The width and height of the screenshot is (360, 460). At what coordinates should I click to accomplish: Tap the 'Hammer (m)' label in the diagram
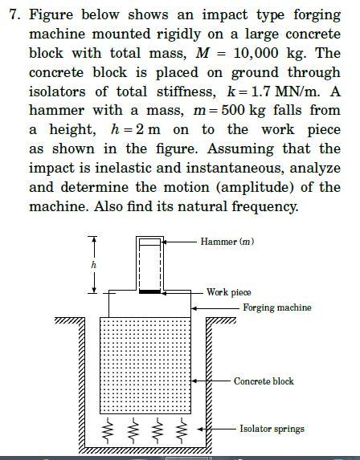227,242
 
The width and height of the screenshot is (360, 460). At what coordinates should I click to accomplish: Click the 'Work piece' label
229,292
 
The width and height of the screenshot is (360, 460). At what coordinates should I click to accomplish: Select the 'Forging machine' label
277,307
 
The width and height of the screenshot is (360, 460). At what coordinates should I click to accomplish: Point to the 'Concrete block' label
264,381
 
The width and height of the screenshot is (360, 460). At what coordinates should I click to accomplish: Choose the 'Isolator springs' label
272,429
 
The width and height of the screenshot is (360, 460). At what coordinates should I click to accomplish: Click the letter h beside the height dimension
94,265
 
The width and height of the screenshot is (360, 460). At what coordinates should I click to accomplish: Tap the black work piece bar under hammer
149,291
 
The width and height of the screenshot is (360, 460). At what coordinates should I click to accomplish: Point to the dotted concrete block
145,361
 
